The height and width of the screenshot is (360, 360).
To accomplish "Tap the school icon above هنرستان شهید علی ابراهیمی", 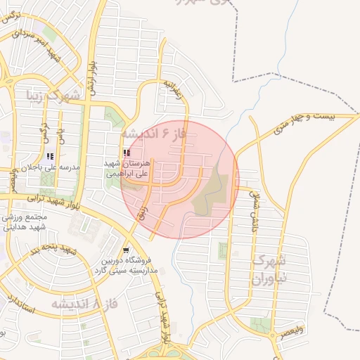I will point(126,153).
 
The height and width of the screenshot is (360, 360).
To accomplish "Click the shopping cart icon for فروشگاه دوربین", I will point(125,250).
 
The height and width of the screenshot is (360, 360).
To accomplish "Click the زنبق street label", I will point(143,210).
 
